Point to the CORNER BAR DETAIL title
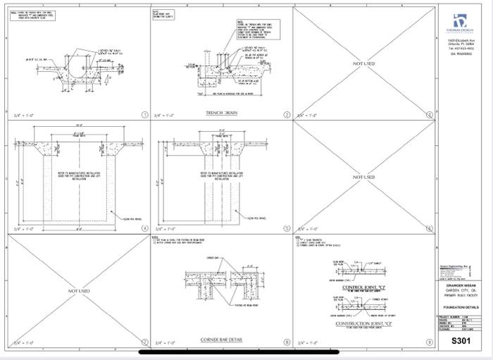coord(220,340)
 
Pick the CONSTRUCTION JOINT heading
coord(363,323)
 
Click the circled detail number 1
coord(144,114)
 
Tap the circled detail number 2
coord(287,114)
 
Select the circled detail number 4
coord(144,228)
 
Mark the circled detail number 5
coord(287,228)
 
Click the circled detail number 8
coord(287,342)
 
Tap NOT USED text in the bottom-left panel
coord(79,290)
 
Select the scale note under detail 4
coord(23,228)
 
